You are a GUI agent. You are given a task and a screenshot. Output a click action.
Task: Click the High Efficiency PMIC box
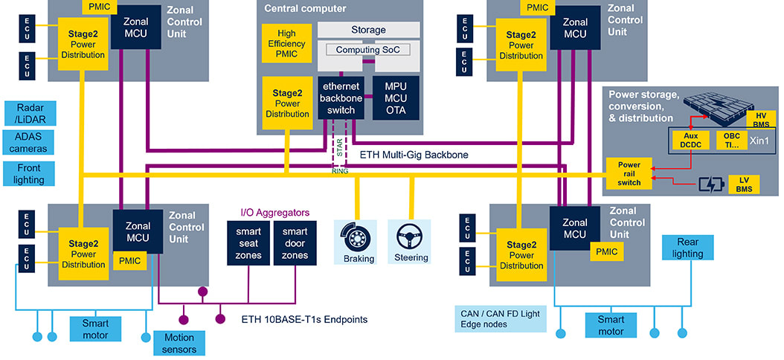(x=286, y=44)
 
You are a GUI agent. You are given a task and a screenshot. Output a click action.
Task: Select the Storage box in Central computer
(x=368, y=30)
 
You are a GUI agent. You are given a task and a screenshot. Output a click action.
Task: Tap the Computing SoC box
(x=368, y=50)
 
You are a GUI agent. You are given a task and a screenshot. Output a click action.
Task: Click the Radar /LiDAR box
(x=30, y=113)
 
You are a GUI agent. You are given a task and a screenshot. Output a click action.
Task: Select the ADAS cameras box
(x=30, y=142)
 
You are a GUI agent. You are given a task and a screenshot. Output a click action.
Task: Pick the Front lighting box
(x=30, y=174)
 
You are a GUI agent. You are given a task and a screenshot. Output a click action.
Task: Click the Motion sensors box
(x=179, y=343)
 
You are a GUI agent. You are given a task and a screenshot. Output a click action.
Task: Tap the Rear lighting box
(x=687, y=248)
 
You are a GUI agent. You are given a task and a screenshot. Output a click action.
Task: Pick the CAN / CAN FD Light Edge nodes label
(x=499, y=318)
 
